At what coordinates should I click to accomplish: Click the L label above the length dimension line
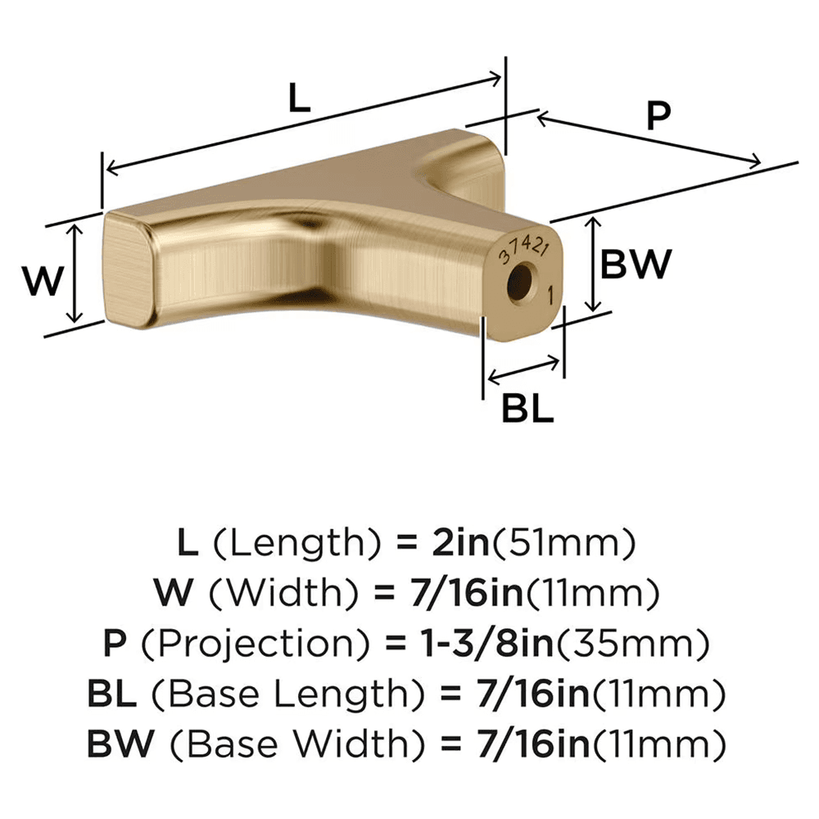(x=301, y=100)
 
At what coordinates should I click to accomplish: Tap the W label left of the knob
(x=43, y=282)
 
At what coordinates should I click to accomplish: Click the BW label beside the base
(x=636, y=265)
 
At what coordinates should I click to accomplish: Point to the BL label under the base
(x=527, y=409)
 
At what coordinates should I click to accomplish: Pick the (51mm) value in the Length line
(x=566, y=542)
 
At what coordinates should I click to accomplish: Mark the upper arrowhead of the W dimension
(x=75, y=232)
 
